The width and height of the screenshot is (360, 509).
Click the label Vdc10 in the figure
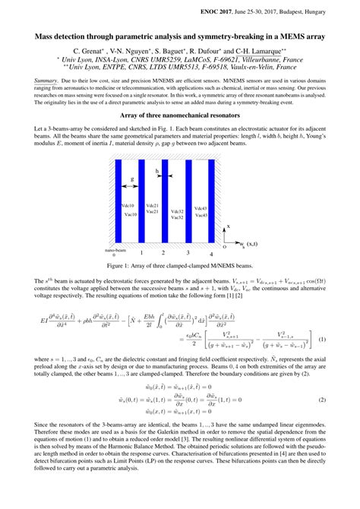[128, 207]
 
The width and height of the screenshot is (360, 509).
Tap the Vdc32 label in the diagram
[176, 211]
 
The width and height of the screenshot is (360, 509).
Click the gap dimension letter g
[132, 179]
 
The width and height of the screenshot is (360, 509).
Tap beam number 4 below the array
[212, 252]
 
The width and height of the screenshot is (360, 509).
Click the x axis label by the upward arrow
[229, 227]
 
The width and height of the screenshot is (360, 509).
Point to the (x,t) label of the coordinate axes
[248, 243]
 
